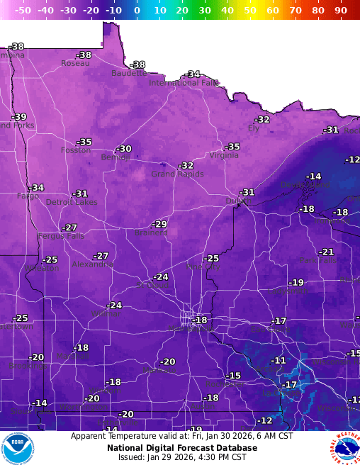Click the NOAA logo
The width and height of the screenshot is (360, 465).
click(17, 448)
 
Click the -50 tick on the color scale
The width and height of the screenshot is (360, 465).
click(23, 11)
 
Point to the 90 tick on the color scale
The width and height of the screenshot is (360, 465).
click(341, 11)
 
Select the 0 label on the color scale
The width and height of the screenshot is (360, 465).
click(137, 11)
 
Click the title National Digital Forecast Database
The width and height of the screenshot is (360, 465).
click(181, 448)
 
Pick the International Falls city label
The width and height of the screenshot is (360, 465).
click(184, 83)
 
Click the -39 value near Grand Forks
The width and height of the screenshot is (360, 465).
click(19, 117)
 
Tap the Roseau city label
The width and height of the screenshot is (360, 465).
click(75, 63)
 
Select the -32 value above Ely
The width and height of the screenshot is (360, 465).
click(262, 120)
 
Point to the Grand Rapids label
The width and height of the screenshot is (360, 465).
click(177, 174)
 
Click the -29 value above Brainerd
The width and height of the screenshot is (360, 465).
click(160, 224)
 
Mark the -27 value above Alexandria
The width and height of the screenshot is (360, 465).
click(101, 256)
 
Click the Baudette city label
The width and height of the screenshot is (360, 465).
click(129, 73)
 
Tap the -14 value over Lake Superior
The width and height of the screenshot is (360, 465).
click(313, 177)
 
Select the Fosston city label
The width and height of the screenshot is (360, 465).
click(75, 150)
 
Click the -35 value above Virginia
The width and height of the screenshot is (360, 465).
click(232, 147)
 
